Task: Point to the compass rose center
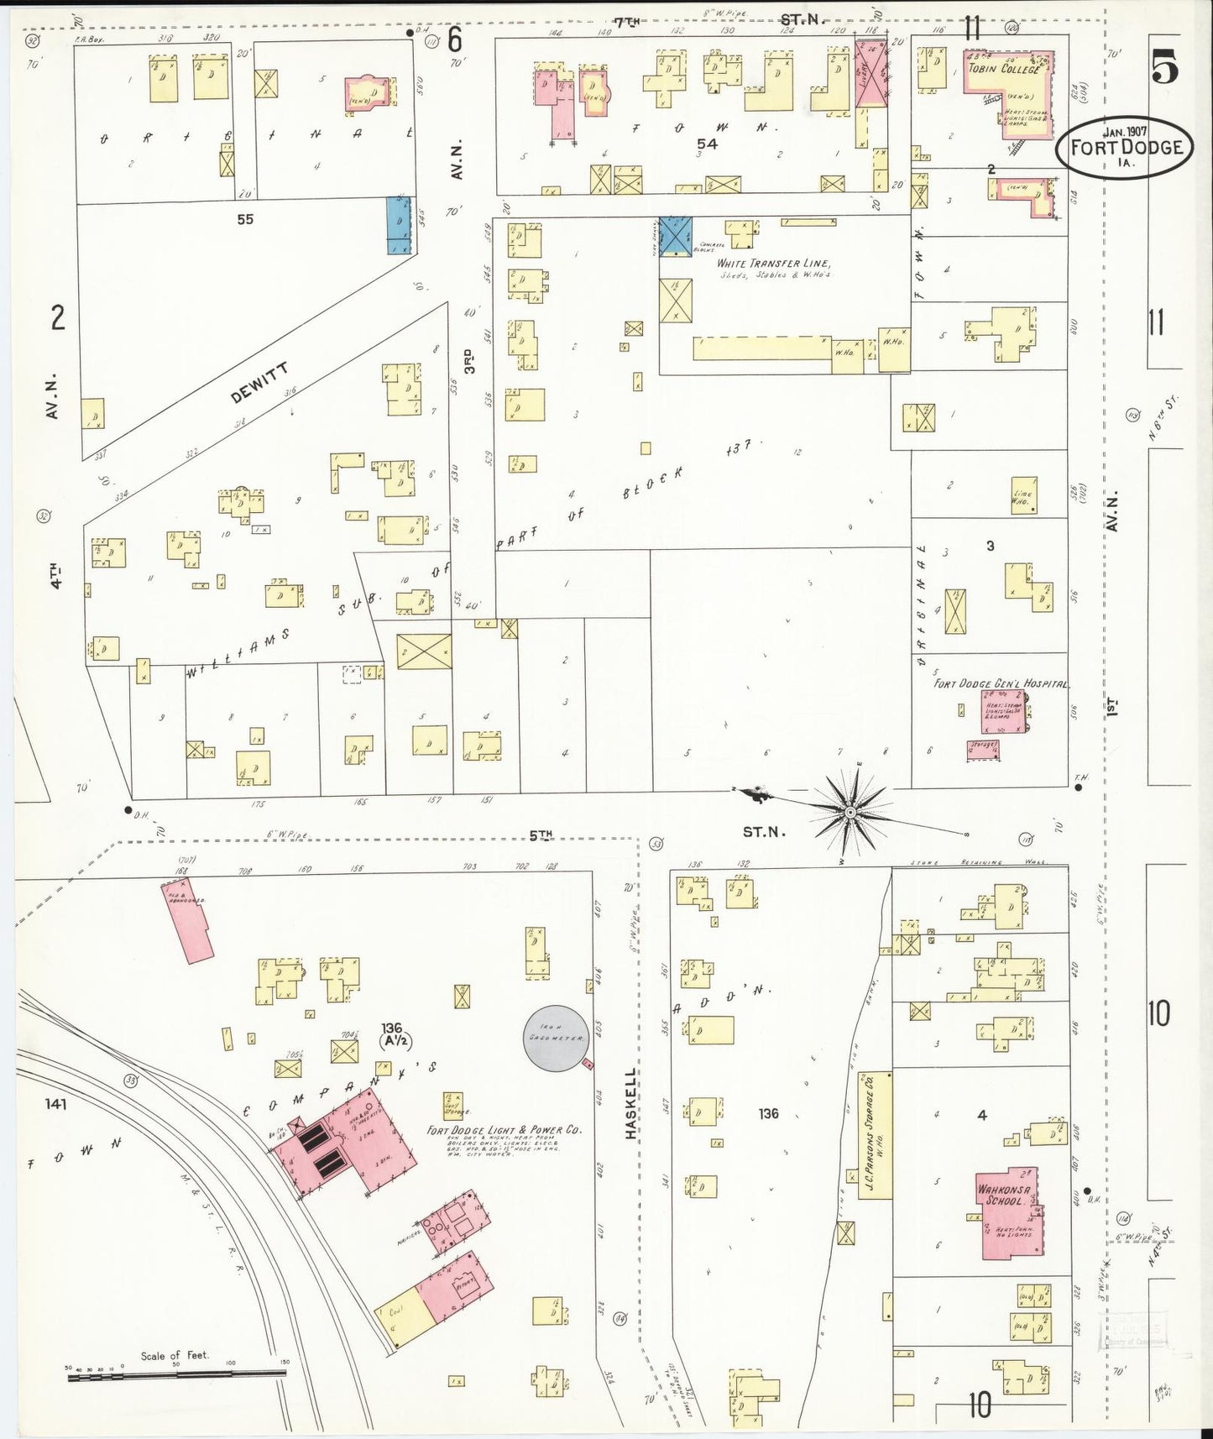850,813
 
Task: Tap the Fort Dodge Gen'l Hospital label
1001,683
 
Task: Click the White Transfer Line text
772,264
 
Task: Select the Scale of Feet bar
176,1374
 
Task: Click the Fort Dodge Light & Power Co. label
504,1131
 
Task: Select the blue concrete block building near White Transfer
674,235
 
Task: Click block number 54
706,144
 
